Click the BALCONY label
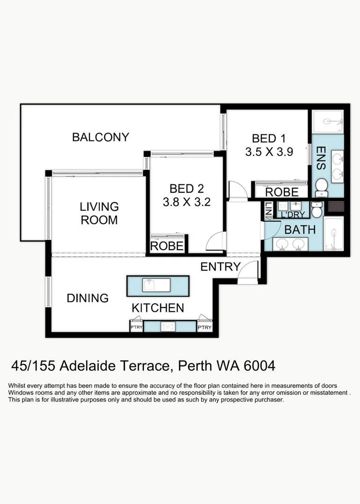tap(100, 137)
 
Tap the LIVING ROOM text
tap(99, 213)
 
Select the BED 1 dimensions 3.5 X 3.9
tap(269, 152)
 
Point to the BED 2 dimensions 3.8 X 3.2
tap(187, 202)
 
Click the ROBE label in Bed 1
tap(282, 192)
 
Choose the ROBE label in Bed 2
tap(167, 246)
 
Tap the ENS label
tap(321, 158)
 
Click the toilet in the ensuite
tap(321, 188)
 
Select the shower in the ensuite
tap(328, 121)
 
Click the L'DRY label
tap(293, 214)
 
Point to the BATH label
tap(300, 230)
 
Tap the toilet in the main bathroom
tap(317, 209)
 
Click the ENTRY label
tap(220, 266)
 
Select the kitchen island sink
tap(156, 285)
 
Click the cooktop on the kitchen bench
tap(168, 327)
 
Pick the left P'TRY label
tap(136, 327)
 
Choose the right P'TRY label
tap(205, 327)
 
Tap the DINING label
tap(87, 298)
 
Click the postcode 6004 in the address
tap(260, 366)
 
